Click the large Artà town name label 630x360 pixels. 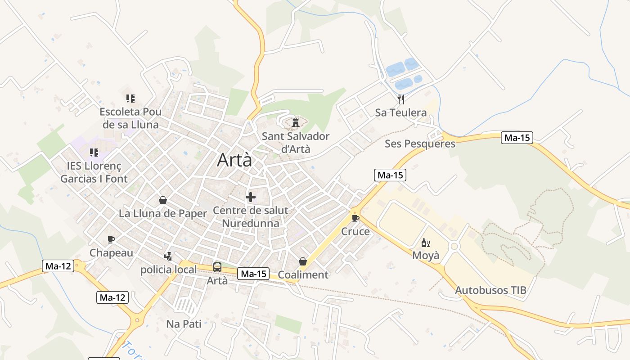(x=234, y=160)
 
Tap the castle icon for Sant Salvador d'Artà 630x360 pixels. (x=296, y=122)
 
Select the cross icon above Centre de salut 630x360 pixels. (x=251, y=197)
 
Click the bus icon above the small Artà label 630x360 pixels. (x=217, y=267)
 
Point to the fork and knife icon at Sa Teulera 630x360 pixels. (x=401, y=99)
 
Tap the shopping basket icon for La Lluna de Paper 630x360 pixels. (x=163, y=200)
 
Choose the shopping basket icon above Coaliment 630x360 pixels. (x=303, y=261)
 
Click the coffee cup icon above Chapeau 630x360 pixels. (x=111, y=240)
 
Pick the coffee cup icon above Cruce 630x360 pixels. (x=355, y=219)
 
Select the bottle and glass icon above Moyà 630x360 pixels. (x=425, y=243)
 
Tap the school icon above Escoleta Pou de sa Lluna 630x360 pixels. (x=130, y=98)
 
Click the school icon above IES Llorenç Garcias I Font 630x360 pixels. (x=94, y=153)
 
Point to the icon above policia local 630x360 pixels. (x=168, y=256)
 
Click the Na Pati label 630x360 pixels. (x=184, y=324)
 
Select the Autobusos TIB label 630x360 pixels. (x=490, y=290)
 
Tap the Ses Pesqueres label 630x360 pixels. (x=420, y=144)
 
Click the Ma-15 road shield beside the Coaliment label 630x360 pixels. (x=253, y=274)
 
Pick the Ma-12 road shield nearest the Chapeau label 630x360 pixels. (x=58, y=266)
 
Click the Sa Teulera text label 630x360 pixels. (x=401, y=112)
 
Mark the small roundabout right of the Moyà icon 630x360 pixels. (x=454, y=246)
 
